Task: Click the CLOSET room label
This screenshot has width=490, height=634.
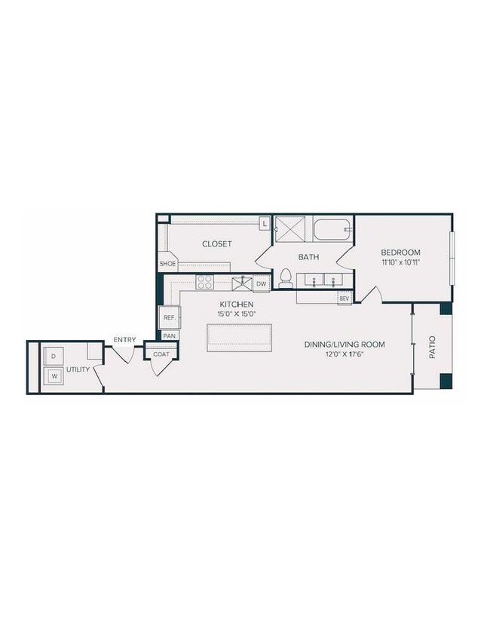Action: tap(216, 244)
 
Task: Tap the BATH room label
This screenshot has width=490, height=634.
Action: tap(308, 257)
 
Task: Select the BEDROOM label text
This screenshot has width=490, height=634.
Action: tap(400, 253)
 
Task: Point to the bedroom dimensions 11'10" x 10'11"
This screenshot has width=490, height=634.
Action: tap(400, 263)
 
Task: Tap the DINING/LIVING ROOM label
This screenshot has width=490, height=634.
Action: tap(345, 345)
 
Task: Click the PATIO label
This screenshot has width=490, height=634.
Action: tap(433, 347)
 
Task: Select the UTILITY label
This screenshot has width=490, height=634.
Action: tap(78, 370)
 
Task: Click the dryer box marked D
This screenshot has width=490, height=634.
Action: tap(54, 356)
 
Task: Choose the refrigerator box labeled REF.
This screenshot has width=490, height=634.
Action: tap(170, 318)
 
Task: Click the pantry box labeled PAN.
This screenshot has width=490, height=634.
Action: tap(169, 335)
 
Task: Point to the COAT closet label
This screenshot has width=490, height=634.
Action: tap(161, 354)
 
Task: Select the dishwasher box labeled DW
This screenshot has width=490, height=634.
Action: tap(261, 283)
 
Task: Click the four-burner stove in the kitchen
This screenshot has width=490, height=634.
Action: tap(205, 282)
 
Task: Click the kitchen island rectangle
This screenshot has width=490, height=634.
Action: tap(239, 338)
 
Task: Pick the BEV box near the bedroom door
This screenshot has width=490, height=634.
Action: tap(345, 299)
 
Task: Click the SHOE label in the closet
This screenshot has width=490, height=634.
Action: tap(167, 264)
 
